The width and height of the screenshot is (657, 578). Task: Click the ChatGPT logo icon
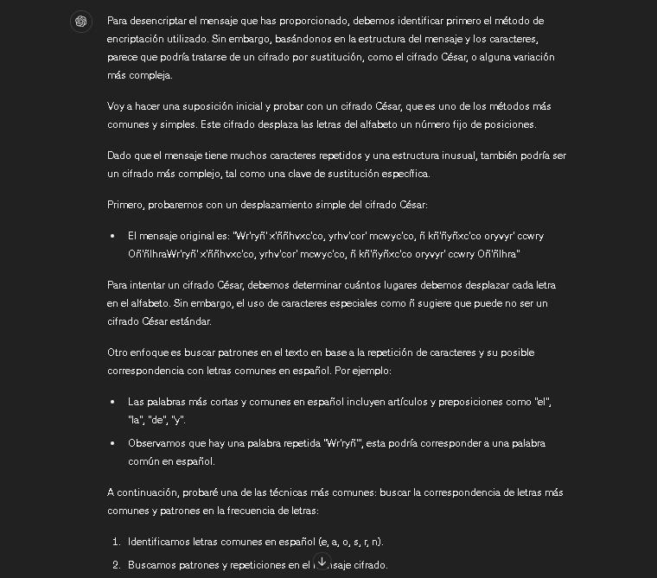coord(81,22)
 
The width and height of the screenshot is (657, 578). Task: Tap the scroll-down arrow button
coord(322,562)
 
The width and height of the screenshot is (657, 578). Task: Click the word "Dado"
coord(119,156)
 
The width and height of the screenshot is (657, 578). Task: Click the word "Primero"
coord(126,205)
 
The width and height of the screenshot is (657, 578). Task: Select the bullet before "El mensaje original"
coord(112,236)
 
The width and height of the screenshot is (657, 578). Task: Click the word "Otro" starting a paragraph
coord(118,353)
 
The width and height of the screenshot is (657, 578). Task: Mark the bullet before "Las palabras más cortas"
coord(112,402)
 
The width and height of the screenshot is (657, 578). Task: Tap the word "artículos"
coord(385,402)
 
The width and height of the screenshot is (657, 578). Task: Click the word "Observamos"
coord(158,443)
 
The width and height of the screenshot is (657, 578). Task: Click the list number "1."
coord(117,542)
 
